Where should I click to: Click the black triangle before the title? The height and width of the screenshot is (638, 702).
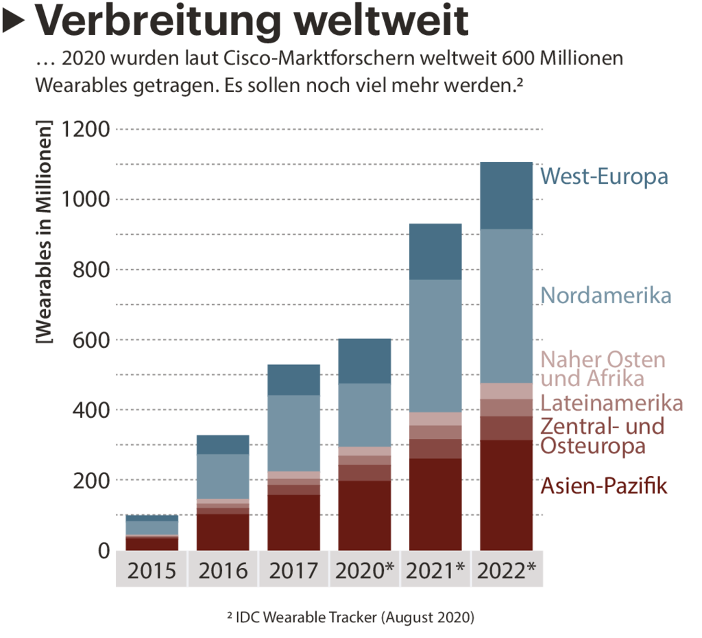tap(14, 23)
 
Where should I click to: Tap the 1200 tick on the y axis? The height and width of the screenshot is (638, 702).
tap(85, 129)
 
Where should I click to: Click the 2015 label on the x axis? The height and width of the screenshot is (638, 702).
tap(152, 570)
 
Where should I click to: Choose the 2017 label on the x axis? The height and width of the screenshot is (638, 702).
tap(293, 570)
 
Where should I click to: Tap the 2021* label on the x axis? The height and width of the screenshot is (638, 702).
tap(436, 570)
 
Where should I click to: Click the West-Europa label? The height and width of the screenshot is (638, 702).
tap(603, 176)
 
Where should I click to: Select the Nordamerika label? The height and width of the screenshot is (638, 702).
tap(605, 296)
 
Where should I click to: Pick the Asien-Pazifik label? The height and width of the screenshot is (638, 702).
tap(603, 486)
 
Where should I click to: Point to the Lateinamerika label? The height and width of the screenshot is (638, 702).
tap(612, 402)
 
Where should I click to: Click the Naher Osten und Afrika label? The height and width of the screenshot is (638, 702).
tap(603, 368)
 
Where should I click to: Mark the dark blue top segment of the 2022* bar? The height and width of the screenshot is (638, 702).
tap(506, 196)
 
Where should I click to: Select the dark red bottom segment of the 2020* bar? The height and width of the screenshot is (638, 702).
tap(365, 515)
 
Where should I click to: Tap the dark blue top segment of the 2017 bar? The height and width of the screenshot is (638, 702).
tap(293, 379)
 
